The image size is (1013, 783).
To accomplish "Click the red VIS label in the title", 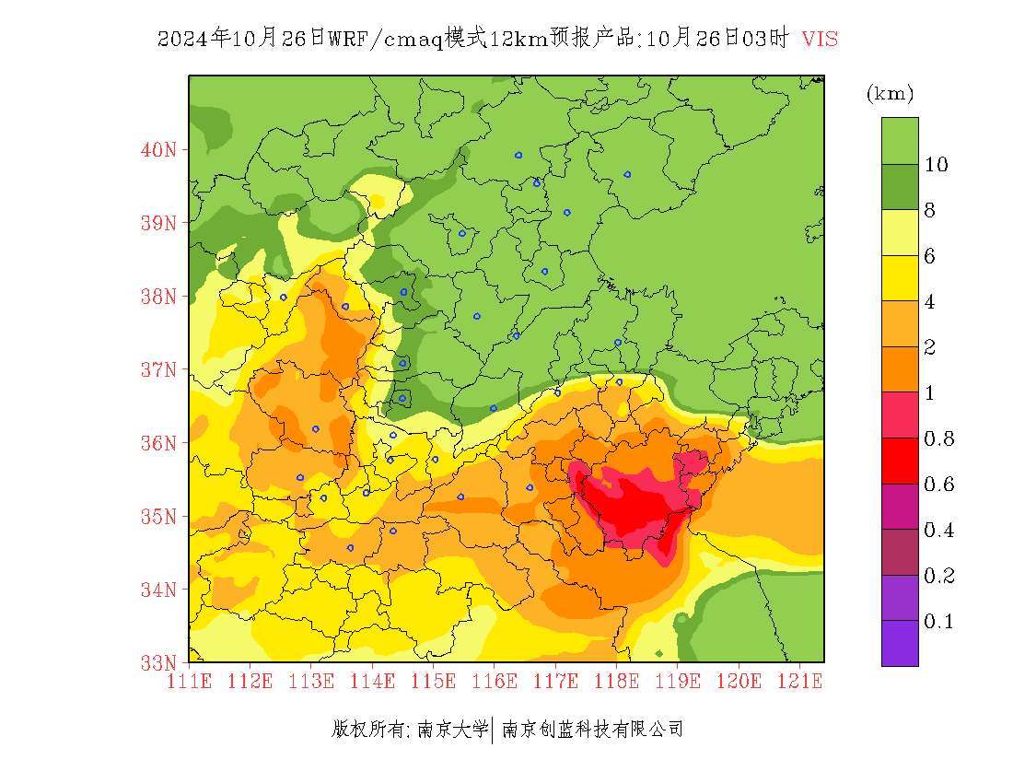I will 820,39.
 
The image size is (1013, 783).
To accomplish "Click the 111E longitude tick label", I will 190,682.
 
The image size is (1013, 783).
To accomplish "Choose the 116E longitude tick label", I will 495,682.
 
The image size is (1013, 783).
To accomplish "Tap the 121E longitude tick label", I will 799,682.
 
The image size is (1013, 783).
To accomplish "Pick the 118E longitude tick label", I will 617,682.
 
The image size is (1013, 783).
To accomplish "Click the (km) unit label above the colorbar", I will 890,94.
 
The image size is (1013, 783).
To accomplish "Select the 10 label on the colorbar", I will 937,165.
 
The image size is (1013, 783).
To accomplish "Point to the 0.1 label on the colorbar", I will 938,622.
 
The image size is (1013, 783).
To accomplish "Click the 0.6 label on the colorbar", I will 938,485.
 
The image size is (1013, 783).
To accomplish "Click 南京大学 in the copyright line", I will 452,730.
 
